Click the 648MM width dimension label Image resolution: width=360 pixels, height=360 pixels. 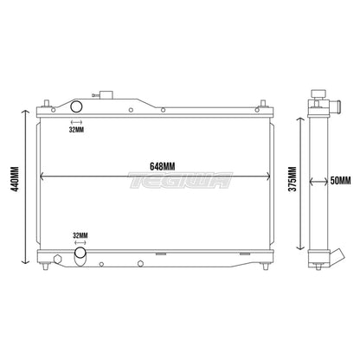[162, 167]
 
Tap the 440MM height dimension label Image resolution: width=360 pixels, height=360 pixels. [15, 179]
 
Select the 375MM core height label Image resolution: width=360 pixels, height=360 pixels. [292, 179]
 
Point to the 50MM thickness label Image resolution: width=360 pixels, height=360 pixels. [340, 181]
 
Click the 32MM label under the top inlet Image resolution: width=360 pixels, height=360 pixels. [76, 130]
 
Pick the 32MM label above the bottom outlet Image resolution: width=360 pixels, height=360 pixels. [80, 235]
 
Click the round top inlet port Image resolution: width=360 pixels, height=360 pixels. [76, 106]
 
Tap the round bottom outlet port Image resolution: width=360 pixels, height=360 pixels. [80, 254]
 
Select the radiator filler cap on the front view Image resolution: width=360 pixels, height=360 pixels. [106, 95]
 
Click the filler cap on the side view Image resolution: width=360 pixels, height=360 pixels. [318, 93]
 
